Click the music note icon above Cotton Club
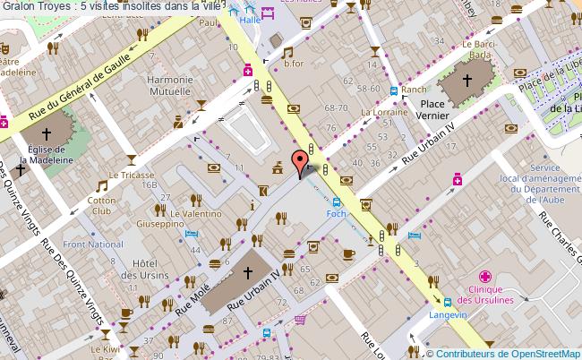(102, 186)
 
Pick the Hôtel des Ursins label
(144, 269)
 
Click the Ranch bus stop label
(414, 90)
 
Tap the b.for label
(294, 63)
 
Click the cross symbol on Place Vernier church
(466, 81)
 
